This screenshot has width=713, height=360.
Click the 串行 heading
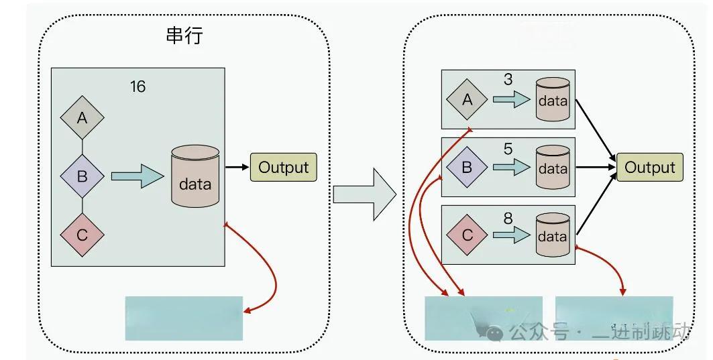[183, 36]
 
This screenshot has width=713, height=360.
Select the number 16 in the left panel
[138, 86]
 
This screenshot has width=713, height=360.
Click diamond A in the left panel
[82, 119]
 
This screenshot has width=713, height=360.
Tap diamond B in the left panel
[82, 176]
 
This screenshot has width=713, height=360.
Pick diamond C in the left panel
[82, 235]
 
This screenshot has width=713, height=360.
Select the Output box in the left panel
[283, 167]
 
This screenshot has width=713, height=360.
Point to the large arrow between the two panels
[365, 194]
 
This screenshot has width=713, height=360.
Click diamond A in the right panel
[468, 99]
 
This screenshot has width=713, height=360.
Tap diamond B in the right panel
[468, 167]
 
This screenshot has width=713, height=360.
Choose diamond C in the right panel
[468, 235]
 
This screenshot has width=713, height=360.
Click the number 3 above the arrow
[508, 80]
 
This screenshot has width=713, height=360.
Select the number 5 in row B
[508, 148]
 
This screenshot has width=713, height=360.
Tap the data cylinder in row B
[552, 168]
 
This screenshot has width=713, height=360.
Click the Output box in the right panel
[649, 167]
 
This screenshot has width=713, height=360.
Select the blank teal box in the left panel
[184, 318]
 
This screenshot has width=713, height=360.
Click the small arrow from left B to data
[137, 176]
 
